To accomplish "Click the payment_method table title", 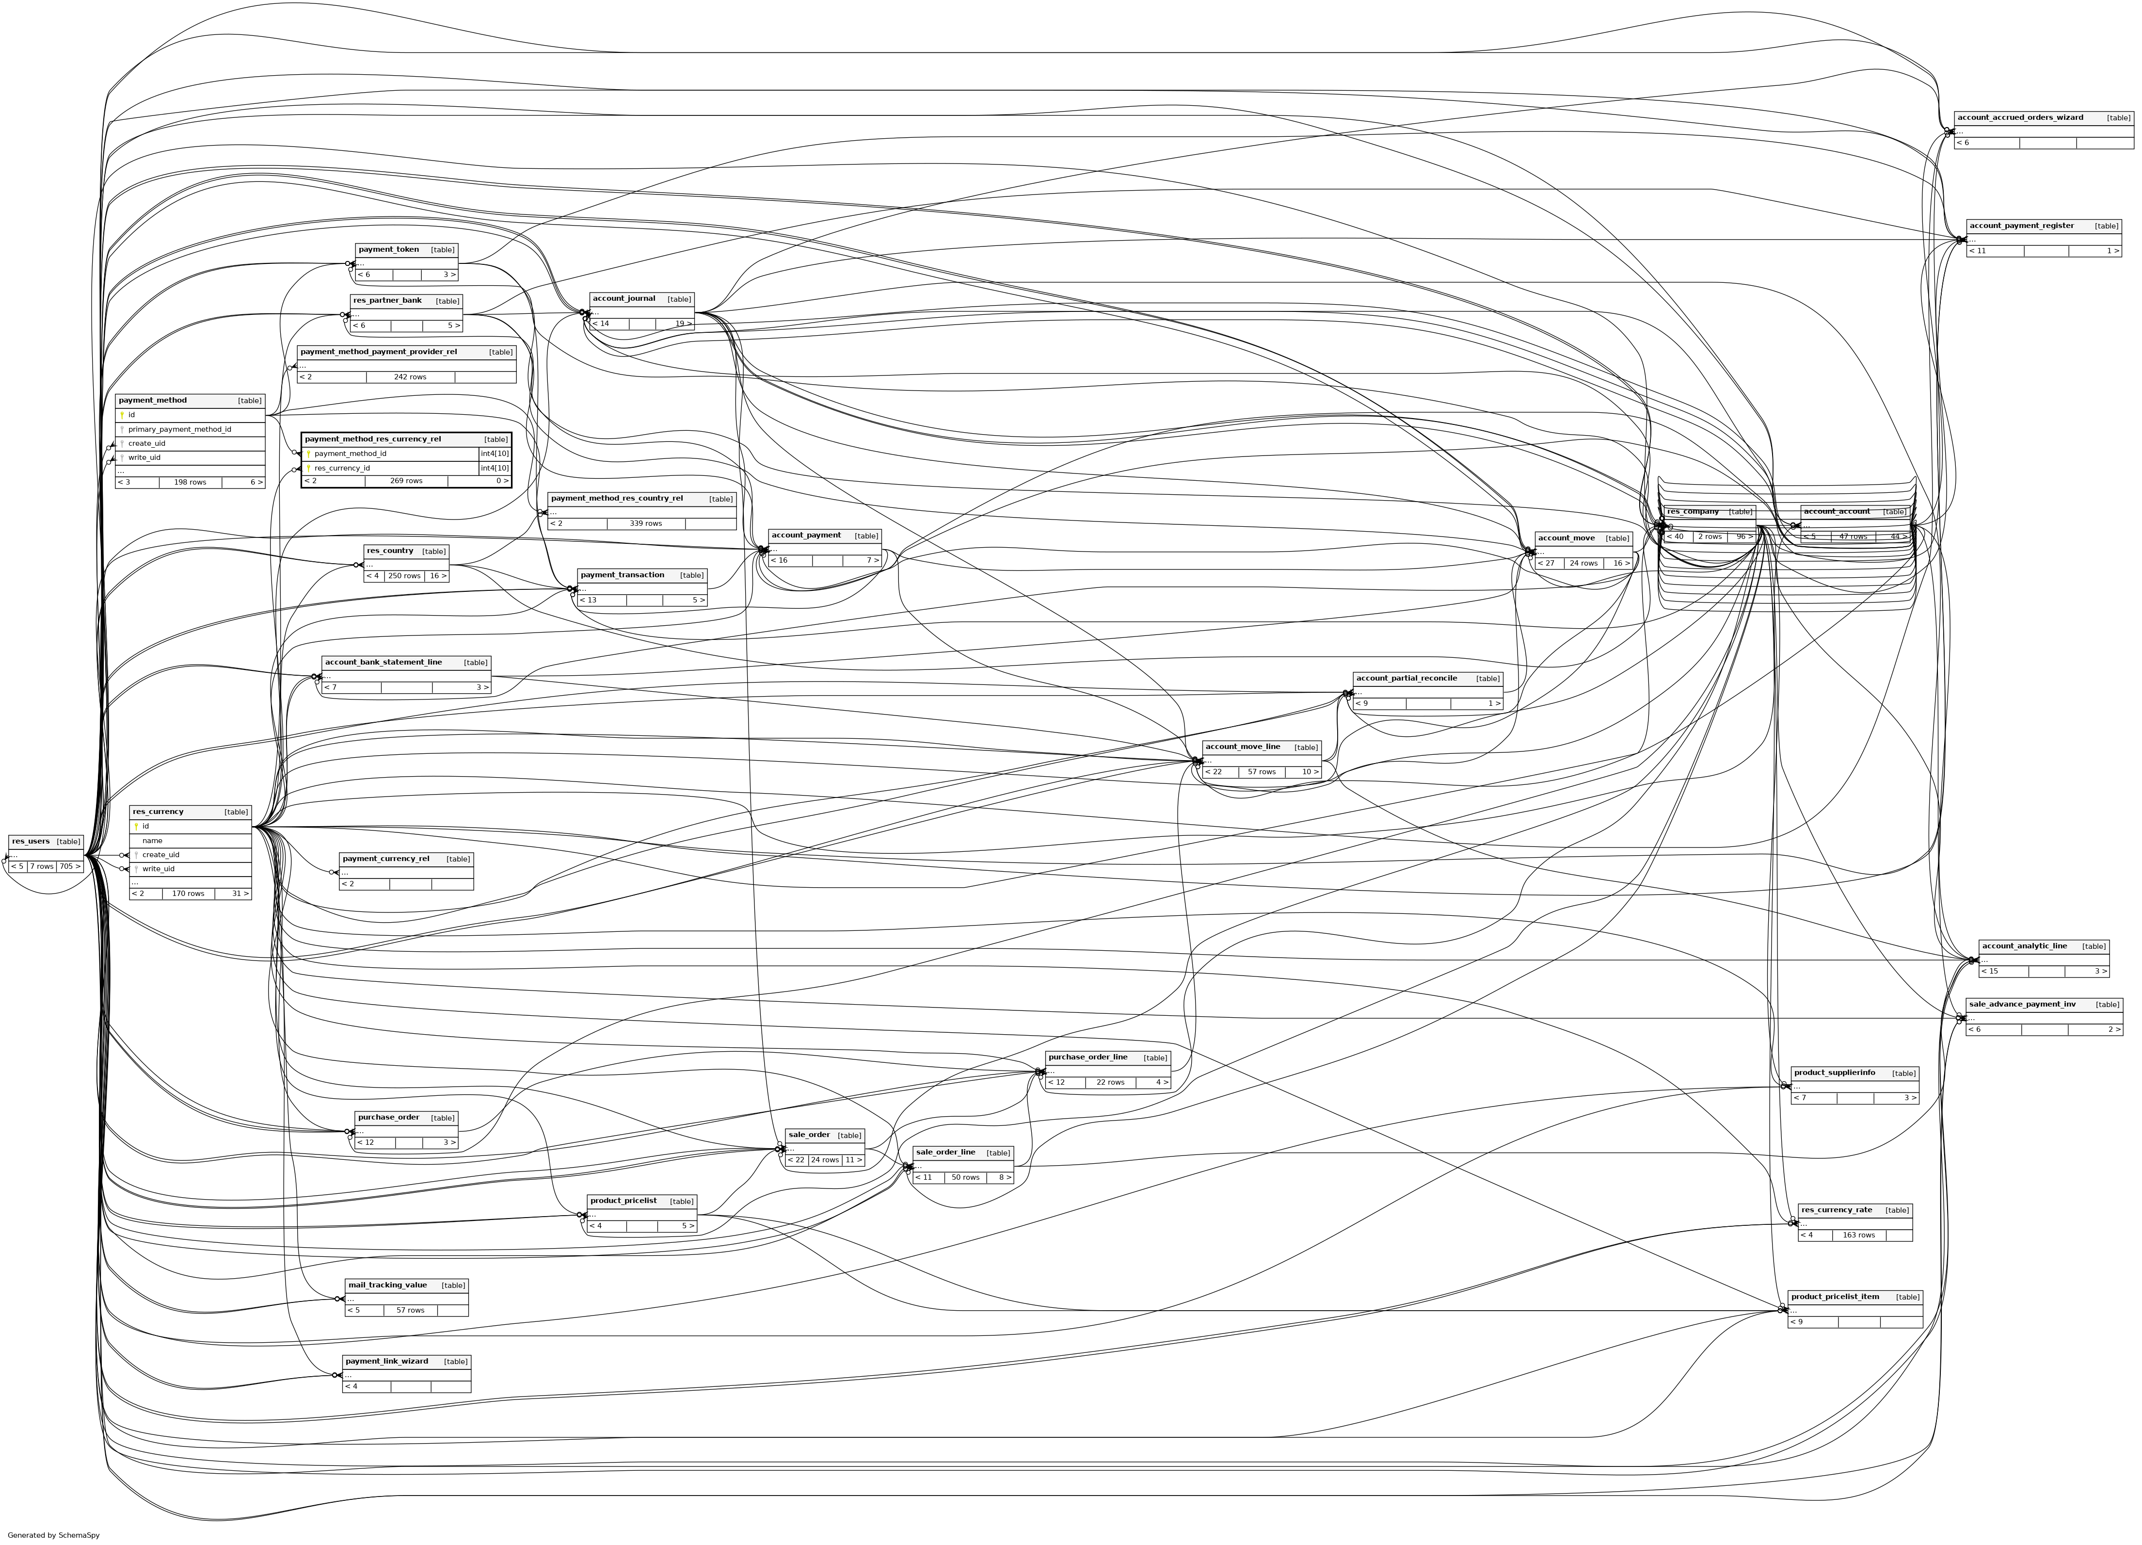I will (153, 401).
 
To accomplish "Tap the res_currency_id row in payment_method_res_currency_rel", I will (342, 468).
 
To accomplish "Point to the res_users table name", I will (31, 841).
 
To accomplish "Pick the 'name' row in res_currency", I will (152, 840).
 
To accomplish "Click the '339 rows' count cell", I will (646, 523).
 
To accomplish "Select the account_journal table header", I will (624, 299).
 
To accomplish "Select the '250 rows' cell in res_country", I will (404, 575).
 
